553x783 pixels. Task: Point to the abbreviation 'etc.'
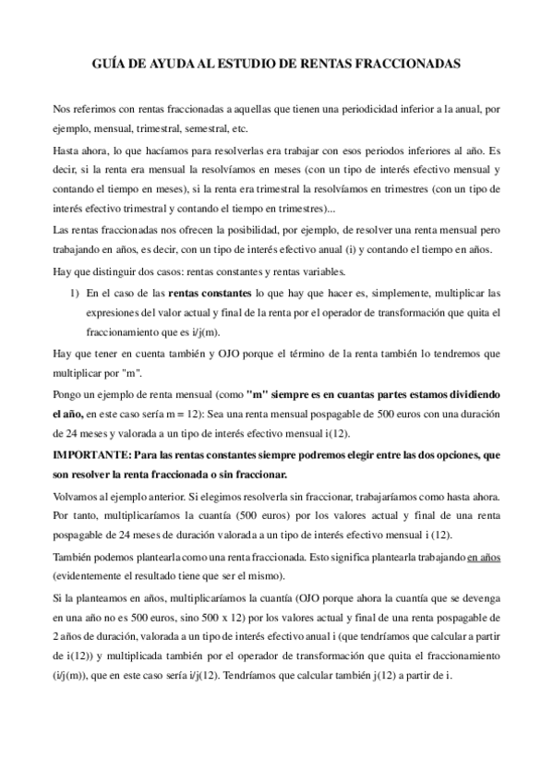246,128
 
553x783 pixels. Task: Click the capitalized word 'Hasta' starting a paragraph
67,149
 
